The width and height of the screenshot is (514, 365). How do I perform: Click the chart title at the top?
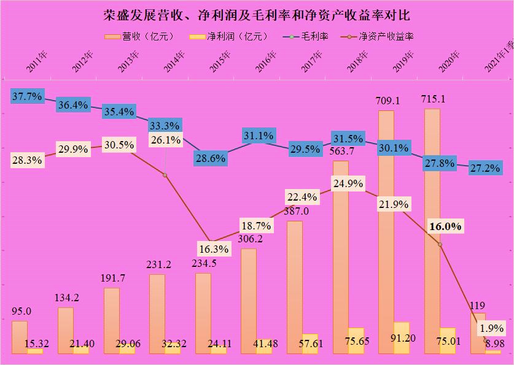(x=257, y=14)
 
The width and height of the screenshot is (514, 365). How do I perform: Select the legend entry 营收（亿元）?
(x=140, y=36)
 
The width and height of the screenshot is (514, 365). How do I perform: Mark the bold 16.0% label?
(x=445, y=226)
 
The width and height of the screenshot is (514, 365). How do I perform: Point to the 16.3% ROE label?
(x=214, y=249)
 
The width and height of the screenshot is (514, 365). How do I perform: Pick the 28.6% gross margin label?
(x=211, y=158)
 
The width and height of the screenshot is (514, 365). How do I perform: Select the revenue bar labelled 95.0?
(x=20, y=337)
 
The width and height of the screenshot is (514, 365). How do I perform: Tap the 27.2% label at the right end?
(x=485, y=168)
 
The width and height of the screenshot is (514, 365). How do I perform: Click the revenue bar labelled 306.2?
(x=248, y=301)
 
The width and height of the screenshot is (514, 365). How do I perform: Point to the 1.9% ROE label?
(x=492, y=328)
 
